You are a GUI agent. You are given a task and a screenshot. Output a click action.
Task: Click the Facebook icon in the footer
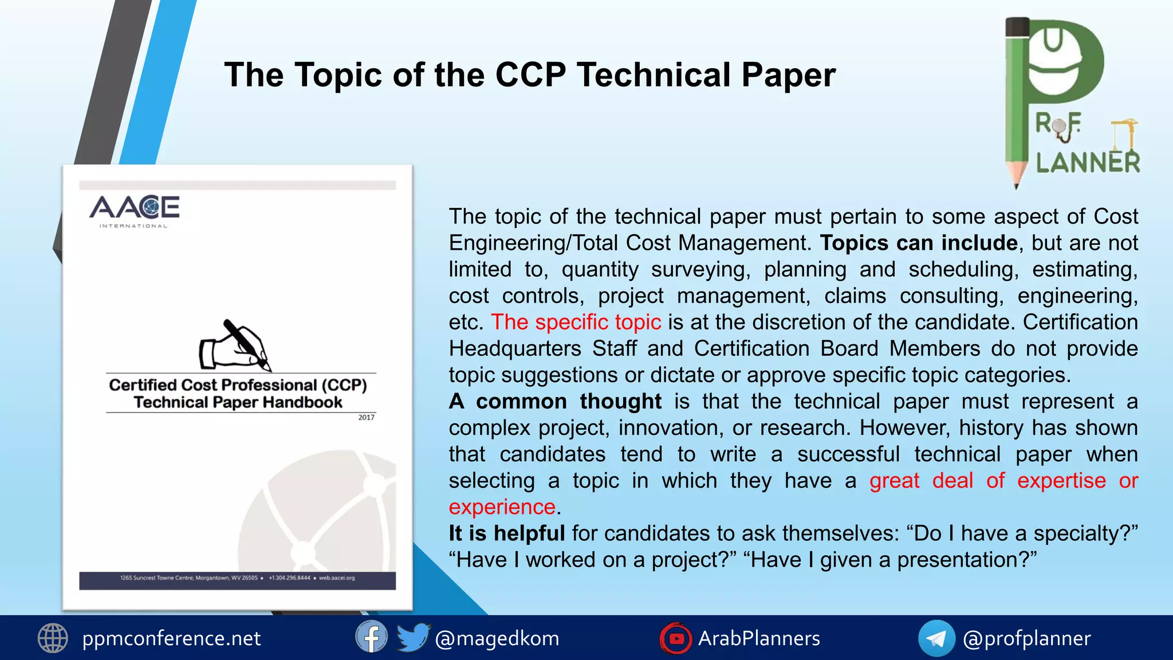(x=371, y=637)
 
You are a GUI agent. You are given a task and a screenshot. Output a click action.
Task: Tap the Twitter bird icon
(x=412, y=637)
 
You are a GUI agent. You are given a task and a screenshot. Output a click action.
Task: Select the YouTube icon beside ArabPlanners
(x=676, y=638)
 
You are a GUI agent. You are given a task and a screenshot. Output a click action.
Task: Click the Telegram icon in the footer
(x=936, y=638)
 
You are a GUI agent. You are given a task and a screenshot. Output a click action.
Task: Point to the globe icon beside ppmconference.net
(x=53, y=638)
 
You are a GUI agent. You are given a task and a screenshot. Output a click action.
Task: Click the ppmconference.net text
(x=171, y=638)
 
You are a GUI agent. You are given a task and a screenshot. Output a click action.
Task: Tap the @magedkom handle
(x=497, y=638)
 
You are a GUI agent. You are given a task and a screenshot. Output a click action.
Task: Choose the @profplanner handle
(x=1027, y=638)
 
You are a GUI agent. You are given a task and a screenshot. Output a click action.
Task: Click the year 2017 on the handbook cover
(x=367, y=417)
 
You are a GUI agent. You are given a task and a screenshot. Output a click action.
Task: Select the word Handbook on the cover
(x=302, y=402)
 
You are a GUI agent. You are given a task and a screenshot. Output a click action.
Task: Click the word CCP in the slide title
(x=530, y=75)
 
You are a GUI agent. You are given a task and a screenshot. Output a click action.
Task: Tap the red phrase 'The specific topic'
(x=576, y=322)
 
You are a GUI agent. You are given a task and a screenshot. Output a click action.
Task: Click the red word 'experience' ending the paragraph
(x=502, y=507)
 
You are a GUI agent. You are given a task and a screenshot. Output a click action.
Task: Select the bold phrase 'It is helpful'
(x=506, y=533)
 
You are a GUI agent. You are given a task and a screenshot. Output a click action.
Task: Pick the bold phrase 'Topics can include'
(x=919, y=243)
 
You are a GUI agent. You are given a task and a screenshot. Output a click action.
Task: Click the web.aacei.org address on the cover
(x=337, y=577)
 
